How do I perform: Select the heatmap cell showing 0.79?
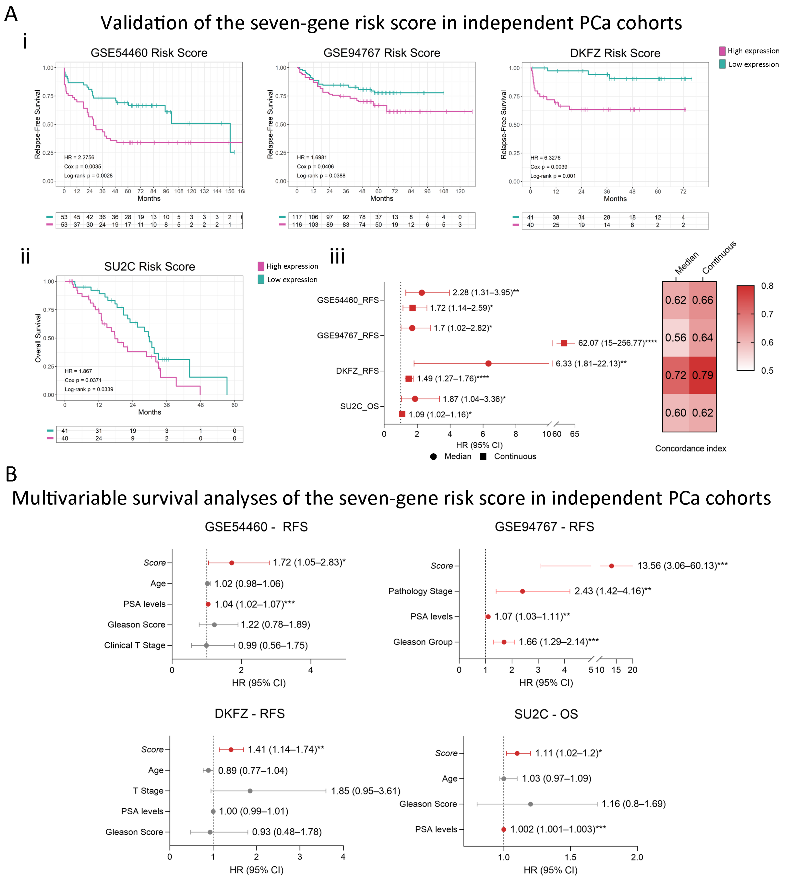(x=703, y=375)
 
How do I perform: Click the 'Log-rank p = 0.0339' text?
(x=89, y=389)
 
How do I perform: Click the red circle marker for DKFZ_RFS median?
(x=488, y=363)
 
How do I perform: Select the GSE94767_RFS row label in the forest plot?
(x=348, y=335)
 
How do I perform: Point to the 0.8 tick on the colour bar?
(x=767, y=286)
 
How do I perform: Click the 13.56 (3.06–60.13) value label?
(x=682, y=566)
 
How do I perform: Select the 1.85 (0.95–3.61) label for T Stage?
(x=365, y=791)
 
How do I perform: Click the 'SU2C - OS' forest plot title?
(x=546, y=714)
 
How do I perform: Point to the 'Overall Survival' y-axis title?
(x=38, y=338)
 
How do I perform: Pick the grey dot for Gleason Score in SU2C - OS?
(x=530, y=804)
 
